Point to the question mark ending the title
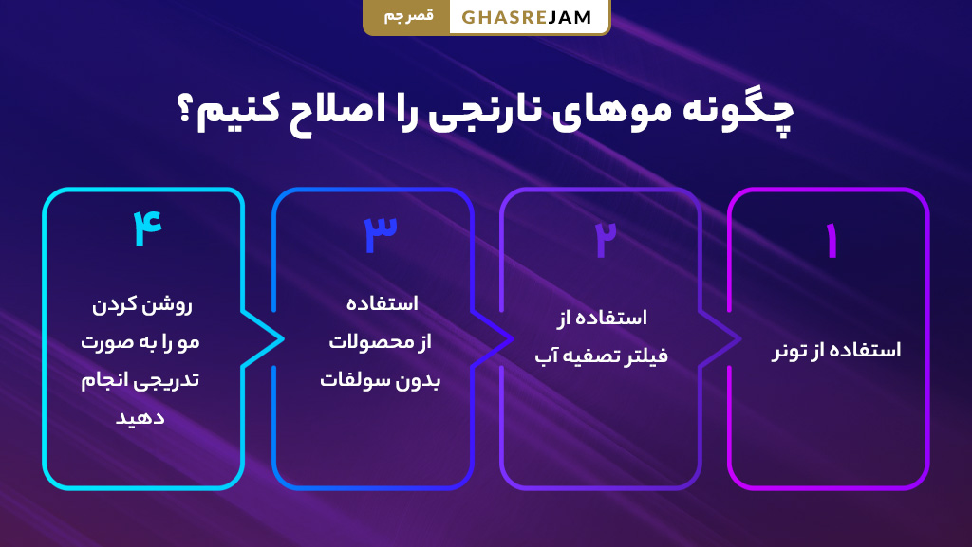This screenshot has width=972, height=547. pyautogui.click(x=188, y=111)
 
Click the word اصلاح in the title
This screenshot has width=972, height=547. pyautogui.click(x=341, y=111)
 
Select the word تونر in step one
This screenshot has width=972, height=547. pyautogui.click(x=790, y=351)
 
